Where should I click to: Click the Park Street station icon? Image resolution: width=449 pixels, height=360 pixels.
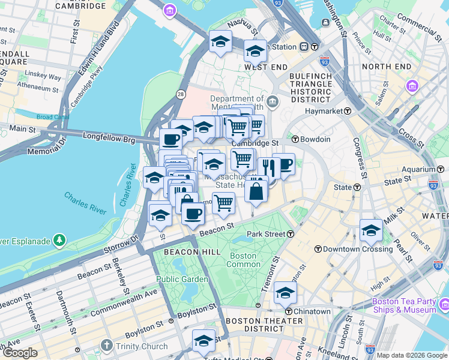[x=291, y=233]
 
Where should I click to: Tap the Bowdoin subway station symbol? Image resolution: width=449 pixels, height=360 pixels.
[x=295, y=139]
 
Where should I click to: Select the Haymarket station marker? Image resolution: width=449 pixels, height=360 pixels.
[x=347, y=111]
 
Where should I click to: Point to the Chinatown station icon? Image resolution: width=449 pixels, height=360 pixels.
[x=289, y=311]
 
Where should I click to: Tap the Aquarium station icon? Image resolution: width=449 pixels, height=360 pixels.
[x=433, y=170]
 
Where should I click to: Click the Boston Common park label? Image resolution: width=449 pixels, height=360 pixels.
[x=243, y=260]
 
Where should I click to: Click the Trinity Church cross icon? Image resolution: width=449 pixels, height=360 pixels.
[x=107, y=346]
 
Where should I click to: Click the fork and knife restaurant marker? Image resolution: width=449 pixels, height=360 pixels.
[x=268, y=167]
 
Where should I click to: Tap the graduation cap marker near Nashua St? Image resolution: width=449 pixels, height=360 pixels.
[x=220, y=42]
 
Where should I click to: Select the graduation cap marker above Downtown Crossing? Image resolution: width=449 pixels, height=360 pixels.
[x=371, y=230]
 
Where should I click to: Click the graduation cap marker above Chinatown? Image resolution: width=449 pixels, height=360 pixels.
[x=285, y=293]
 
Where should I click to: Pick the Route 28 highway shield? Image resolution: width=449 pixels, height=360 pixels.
[x=180, y=94]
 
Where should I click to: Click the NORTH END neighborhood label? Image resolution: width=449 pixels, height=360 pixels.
[x=386, y=67]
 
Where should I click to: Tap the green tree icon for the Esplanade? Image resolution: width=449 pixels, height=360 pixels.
[x=59, y=241]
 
